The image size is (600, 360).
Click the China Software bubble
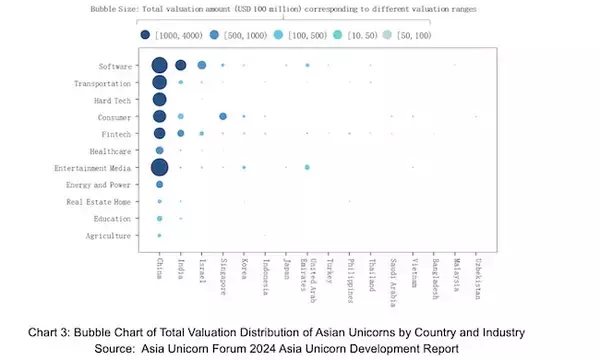click(x=159, y=66)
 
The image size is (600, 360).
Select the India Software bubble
click(x=180, y=66)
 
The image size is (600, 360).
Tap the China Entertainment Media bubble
click(x=159, y=167)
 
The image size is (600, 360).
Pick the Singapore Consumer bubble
click(x=223, y=117)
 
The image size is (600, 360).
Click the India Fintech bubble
click(x=180, y=133)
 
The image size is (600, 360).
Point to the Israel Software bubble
click(x=202, y=66)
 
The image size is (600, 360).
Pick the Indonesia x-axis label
click(x=265, y=278)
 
